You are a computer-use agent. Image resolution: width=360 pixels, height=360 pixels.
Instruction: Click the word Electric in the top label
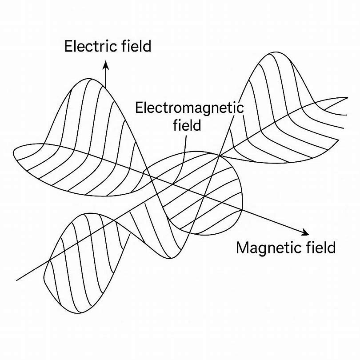pyautogui.click(x=85, y=47)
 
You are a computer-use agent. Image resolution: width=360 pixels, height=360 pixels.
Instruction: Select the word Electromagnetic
pyautogui.click(x=190, y=108)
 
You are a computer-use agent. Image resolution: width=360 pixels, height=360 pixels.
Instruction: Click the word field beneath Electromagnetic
pyautogui.click(x=186, y=125)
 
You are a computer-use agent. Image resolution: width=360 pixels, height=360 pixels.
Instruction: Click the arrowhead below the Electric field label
pyautogui.click(x=106, y=65)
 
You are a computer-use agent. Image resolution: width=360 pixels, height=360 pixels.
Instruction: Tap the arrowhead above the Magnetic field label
pyautogui.click(x=305, y=232)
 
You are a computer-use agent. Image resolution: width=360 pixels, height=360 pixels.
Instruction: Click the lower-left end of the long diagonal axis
pyautogui.click(x=17, y=280)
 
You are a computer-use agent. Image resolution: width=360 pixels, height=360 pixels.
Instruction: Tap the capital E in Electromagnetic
pyautogui.click(x=139, y=108)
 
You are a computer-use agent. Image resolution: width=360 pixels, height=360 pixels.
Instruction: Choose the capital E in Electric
pyautogui.click(x=68, y=47)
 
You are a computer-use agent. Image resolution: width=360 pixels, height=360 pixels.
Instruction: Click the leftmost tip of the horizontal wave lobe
pyautogui.click(x=14, y=153)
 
